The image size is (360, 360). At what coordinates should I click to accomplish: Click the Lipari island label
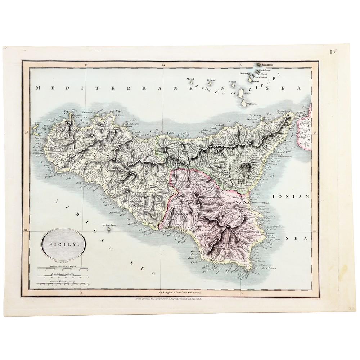247,93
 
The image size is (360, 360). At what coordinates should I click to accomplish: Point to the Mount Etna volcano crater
246,166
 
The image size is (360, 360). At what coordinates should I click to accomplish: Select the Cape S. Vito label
71,111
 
